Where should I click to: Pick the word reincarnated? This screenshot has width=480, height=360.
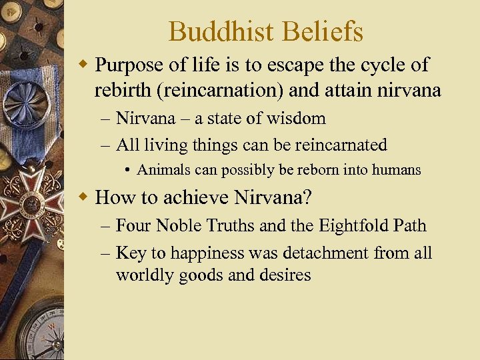[x=337, y=144]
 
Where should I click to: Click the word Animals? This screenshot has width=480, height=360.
[x=161, y=170]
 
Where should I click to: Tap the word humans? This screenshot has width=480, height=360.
[x=397, y=170]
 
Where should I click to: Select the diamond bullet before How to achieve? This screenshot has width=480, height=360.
[x=83, y=197]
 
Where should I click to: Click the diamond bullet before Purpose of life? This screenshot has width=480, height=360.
[x=83, y=65]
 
